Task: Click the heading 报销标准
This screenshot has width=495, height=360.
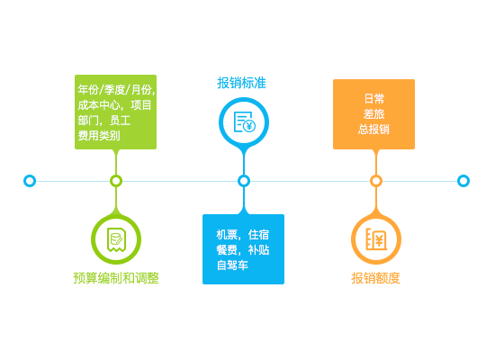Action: [241, 83]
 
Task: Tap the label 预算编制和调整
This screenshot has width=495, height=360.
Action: [116, 278]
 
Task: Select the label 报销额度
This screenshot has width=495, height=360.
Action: [375, 278]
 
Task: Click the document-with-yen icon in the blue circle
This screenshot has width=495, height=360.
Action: [244, 121]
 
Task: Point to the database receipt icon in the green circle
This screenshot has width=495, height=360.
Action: [116, 239]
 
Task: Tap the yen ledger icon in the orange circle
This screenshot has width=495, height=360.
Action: [376, 239]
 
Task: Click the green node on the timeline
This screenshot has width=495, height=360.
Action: [116, 181]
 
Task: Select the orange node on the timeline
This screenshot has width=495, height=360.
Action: [375, 181]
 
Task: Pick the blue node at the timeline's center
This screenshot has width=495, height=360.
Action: [244, 181]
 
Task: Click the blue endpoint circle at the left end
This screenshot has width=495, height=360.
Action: [30, 181]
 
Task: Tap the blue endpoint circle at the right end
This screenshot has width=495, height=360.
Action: [463, 181]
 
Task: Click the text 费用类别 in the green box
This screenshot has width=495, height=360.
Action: [99, 136]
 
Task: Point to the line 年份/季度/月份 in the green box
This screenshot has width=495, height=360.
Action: [115, 90]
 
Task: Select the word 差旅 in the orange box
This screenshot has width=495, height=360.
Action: [373, 114]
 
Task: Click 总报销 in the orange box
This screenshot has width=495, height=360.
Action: [373, 130]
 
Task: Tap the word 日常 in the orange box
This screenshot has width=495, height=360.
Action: [373, 99]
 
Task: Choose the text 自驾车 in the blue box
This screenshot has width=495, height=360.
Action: [232, 265]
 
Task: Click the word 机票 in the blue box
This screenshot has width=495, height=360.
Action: [227, 235]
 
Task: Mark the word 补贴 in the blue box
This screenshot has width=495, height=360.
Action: [258, 250]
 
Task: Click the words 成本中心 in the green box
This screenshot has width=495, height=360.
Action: [99, 105]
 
